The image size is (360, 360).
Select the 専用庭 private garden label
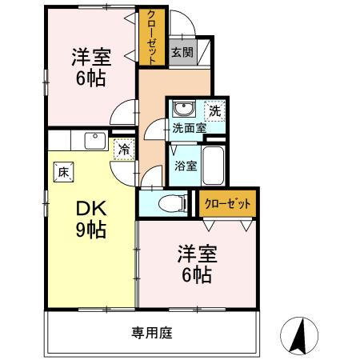click(151, 331)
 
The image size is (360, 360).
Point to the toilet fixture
click(168, 204)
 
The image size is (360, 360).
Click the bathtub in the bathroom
click(213, 166)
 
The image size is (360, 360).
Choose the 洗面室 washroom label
click(189, 127)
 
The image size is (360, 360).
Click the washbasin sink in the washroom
click(183, 110)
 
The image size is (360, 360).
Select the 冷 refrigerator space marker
click(123, 148)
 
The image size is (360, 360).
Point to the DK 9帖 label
click(91, 218)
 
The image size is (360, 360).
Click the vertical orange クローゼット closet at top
click(150, 36)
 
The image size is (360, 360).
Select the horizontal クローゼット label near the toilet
click(228, 203)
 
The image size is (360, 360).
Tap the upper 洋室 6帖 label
click(90, 67)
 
